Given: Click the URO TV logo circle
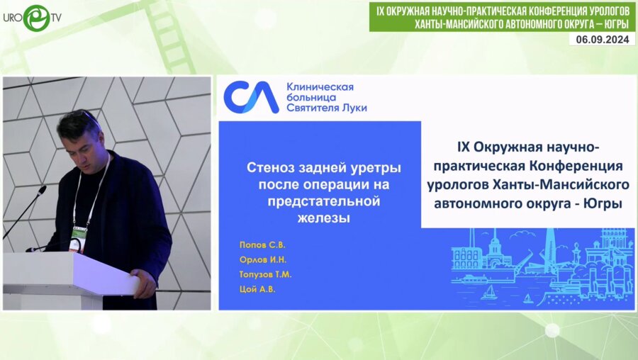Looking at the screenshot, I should [x=36, y=18].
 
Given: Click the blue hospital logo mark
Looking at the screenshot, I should [x=251, y=98].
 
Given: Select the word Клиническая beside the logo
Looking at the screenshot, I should [x=320, y=86].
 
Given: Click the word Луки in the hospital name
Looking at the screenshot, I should [x=352, y=108].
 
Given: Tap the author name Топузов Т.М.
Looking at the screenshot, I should [x=266, y=274].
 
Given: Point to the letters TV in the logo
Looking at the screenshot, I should [x=56, y=16].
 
